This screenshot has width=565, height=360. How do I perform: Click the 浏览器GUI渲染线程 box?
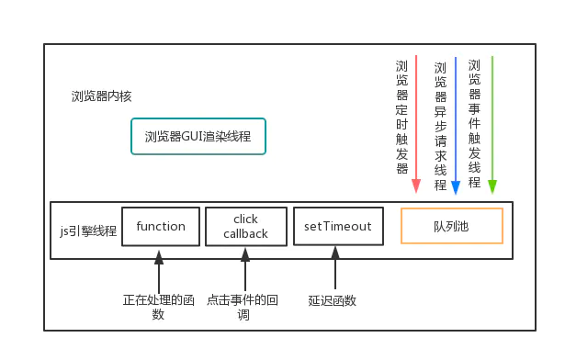click(198, 137)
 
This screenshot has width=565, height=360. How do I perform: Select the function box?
click(161, 227)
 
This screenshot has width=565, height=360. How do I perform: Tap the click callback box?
click(245, 227)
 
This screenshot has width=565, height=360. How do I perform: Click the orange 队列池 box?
click(451, 226)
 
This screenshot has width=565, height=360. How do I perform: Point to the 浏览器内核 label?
click(101, 96)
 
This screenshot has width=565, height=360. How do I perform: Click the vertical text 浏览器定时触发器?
click(401, 118)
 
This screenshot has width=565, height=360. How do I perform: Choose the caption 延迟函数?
click(333, 300)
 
